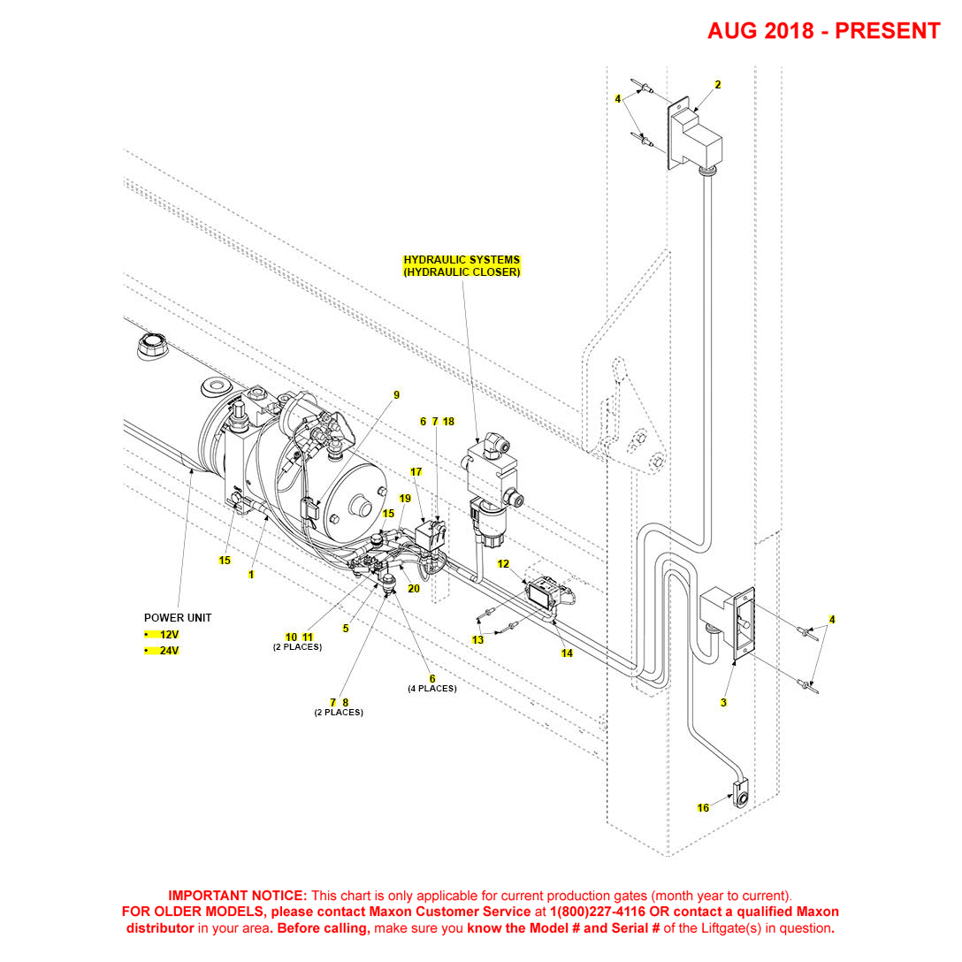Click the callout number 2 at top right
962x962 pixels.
(x=718, y=85)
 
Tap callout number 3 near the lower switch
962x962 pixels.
(x=723, y=703)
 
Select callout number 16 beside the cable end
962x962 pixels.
(x=703, y=808)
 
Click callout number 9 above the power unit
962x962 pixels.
(x=397, y=394)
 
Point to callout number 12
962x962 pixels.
(x=503, y=563)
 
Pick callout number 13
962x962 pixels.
(x=477, y=639)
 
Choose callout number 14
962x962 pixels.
(x=567, y=653)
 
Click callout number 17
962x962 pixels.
(x=416, y=471)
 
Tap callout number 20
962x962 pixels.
(x=413, y=588)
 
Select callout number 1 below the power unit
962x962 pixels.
(x=251, y=574)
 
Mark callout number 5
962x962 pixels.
(x=346, y=629)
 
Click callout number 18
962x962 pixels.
(x=448, y=422)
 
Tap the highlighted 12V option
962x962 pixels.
(x=169, y=635)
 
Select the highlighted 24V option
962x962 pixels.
(x=169, y=651)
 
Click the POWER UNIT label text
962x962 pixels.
(x=178, y=617)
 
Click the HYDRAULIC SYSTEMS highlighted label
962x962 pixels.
(x=462, y=260)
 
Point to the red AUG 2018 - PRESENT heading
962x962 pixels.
(x=823, y=31)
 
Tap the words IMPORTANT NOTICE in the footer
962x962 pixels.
(x=237, y=895)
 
